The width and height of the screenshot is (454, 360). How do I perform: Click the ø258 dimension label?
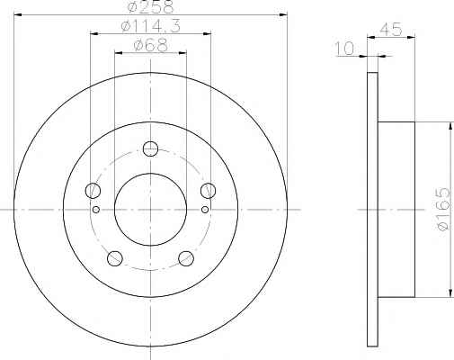click(151, 6)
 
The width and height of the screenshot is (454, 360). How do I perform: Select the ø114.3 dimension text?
click(151, 27)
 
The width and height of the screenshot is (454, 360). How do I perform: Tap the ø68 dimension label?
click(151, 46)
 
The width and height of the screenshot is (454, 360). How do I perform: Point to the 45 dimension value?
click(390, 30)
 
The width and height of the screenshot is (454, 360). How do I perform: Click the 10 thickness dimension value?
click(344, 49)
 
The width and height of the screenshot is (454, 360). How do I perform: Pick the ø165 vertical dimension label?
click(443, 209)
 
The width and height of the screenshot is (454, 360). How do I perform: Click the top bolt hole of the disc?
click(150, 148)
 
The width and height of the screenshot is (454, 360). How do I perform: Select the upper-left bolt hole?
click(93, 191)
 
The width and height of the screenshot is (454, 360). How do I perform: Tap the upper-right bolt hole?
click(208, 191)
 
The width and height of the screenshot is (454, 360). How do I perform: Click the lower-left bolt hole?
click(115, 258)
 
